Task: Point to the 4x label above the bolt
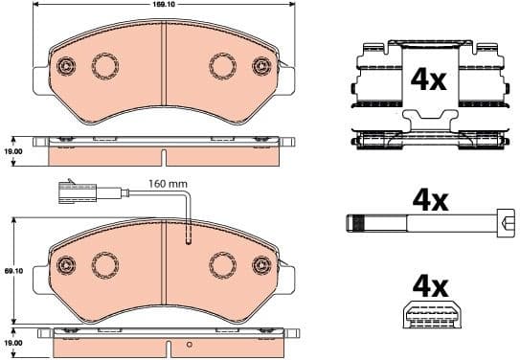click(x=430, y=200)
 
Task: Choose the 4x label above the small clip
click(x=429, y=286)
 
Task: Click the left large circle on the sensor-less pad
click(x=102, y=66)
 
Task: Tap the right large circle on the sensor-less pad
click(x=222, y=66)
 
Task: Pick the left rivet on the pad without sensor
click(x=67, y=67)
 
